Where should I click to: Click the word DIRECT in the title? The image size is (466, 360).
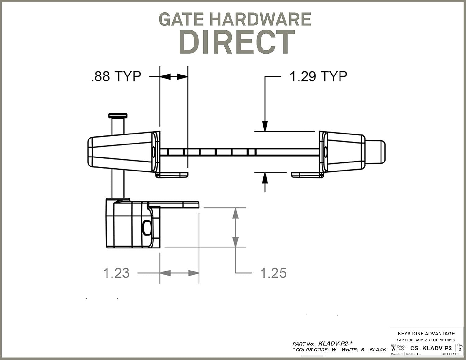237,42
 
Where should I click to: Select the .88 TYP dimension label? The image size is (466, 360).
116,76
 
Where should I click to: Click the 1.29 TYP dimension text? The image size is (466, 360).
318,76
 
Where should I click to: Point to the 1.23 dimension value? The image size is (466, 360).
116,273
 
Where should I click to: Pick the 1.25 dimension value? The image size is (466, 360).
273,273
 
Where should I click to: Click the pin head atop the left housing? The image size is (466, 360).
118,116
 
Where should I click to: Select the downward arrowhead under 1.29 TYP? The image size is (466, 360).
265,125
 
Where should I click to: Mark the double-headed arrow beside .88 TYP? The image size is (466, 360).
174,76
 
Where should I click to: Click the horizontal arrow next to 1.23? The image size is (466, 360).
179,273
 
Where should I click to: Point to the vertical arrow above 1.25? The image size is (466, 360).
235,228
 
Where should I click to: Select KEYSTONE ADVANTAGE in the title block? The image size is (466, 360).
426,333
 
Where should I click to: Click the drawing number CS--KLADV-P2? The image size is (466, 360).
431,348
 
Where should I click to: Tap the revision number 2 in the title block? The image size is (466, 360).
460,349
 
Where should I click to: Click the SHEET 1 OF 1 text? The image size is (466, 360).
450,354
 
